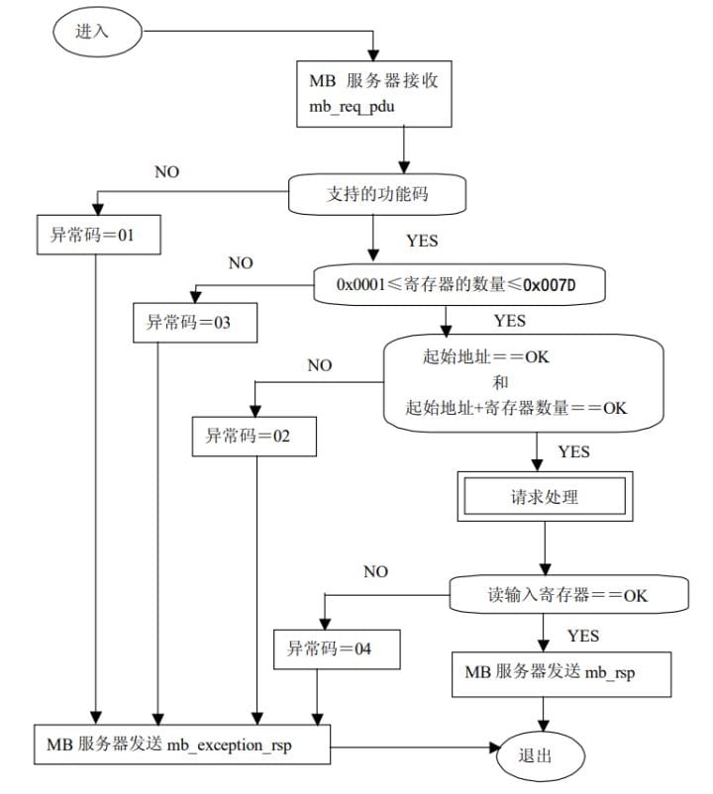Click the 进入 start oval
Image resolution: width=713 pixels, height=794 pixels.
point(97,32)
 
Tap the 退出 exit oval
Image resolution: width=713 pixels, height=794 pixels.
point(541,755)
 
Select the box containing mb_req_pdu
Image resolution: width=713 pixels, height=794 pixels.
point(373,94)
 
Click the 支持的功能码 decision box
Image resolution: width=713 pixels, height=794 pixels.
point(377,194)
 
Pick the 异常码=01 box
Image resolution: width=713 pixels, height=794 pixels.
point(99,235)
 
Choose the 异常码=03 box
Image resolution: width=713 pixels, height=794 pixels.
point(195,323)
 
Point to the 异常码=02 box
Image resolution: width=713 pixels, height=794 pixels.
point(255,436)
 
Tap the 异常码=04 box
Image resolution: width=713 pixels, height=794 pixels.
point(337,649)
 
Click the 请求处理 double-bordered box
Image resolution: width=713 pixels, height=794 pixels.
point(545,496)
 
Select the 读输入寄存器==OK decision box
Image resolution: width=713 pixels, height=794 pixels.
point(568,594)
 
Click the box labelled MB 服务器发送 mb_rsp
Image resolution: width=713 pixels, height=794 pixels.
point(561,674)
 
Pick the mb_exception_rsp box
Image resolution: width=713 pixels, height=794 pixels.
point(182,744)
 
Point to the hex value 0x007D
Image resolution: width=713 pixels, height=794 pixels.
point(549,285)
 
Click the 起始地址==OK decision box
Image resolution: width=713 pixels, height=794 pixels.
point(523,383)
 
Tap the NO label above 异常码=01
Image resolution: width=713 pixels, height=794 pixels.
point(166,172)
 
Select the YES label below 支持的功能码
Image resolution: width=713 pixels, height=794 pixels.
point(422,241)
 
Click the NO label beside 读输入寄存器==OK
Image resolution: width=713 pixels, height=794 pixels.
point(375,571)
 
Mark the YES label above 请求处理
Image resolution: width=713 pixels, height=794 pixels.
point(573,451)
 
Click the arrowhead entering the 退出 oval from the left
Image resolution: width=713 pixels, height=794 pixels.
point(494,746)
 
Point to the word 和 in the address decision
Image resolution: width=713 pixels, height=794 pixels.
point(500,382)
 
